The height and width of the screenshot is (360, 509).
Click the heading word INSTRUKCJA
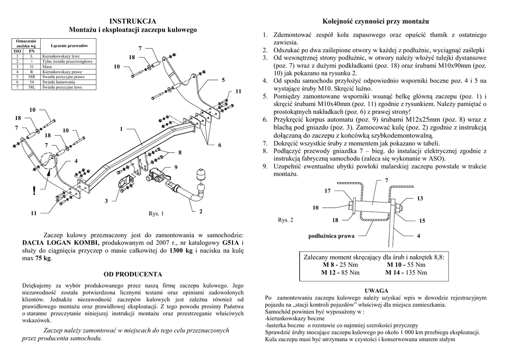(x=133, y=21)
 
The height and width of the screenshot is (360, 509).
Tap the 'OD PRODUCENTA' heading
(x=133, y=274)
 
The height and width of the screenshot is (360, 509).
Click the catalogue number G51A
(x=231, y=242)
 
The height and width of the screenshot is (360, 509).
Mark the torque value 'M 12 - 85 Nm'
(x=340, y=272)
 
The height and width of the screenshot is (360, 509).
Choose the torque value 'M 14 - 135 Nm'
(x=407, y=272)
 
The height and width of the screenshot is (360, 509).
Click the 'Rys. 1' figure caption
(x=156, y=214)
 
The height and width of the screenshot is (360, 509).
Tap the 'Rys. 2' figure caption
(x=285, y=219)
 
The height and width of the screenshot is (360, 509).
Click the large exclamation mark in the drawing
(x=33, y=190)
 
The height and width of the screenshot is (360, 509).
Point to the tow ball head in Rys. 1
(x=202, y=176)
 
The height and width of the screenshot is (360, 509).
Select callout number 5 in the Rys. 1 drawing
(x=223, y=80)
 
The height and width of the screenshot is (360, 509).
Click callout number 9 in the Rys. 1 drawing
(x=175, y=166)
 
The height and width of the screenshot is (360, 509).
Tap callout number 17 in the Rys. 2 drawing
(x=328, y=191)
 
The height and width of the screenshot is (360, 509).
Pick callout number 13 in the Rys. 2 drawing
(x=420, y=198)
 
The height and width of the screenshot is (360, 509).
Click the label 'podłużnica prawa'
(x=332, y=236)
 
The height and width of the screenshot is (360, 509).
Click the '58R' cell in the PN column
(x=32, y=78)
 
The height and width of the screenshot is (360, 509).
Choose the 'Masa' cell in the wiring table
(x=48, y=66)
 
